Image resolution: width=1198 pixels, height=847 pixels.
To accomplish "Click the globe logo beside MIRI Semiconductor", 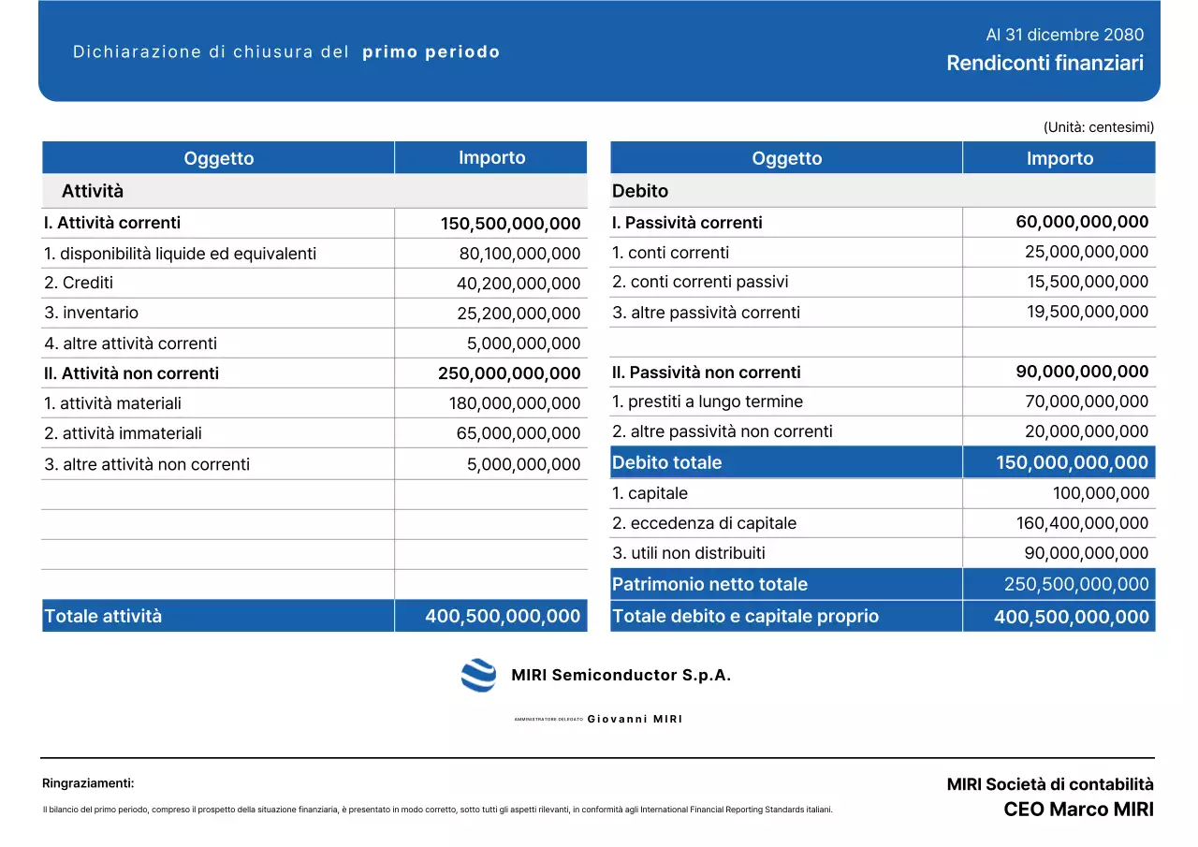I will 478,675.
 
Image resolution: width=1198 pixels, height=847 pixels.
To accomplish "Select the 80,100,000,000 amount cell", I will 519,254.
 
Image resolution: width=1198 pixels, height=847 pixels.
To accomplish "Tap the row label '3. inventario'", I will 91,313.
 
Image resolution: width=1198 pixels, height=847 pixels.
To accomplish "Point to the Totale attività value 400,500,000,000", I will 503,616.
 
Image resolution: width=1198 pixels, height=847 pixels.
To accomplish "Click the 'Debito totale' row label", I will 666,462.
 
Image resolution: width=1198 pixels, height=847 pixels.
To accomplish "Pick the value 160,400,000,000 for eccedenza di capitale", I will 1082,523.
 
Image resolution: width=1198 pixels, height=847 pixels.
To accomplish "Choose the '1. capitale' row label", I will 650,493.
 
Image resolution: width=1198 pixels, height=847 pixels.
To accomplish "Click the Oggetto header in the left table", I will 218,158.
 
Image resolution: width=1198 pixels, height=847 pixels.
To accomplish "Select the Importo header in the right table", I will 1059,158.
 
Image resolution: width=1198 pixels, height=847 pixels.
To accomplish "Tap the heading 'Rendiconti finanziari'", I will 1045,64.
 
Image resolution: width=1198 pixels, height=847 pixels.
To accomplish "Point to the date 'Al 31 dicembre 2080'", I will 1064,35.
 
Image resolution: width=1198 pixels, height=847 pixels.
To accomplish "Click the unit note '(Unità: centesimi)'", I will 1098,127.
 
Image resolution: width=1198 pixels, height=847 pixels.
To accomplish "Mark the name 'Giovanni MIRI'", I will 635,719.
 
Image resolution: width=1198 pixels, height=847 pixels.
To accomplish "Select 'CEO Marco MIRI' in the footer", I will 1078,810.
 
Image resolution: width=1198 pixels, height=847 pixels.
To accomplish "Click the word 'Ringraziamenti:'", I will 88,783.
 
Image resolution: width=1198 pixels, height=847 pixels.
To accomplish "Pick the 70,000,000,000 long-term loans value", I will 1087,402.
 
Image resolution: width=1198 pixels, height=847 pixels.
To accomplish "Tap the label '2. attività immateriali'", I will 123,433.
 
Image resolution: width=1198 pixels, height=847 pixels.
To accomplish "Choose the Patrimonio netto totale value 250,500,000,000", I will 1076,584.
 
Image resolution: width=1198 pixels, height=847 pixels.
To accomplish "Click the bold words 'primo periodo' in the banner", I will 431,52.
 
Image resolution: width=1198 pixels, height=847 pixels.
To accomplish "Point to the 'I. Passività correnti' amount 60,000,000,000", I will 1082,222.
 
